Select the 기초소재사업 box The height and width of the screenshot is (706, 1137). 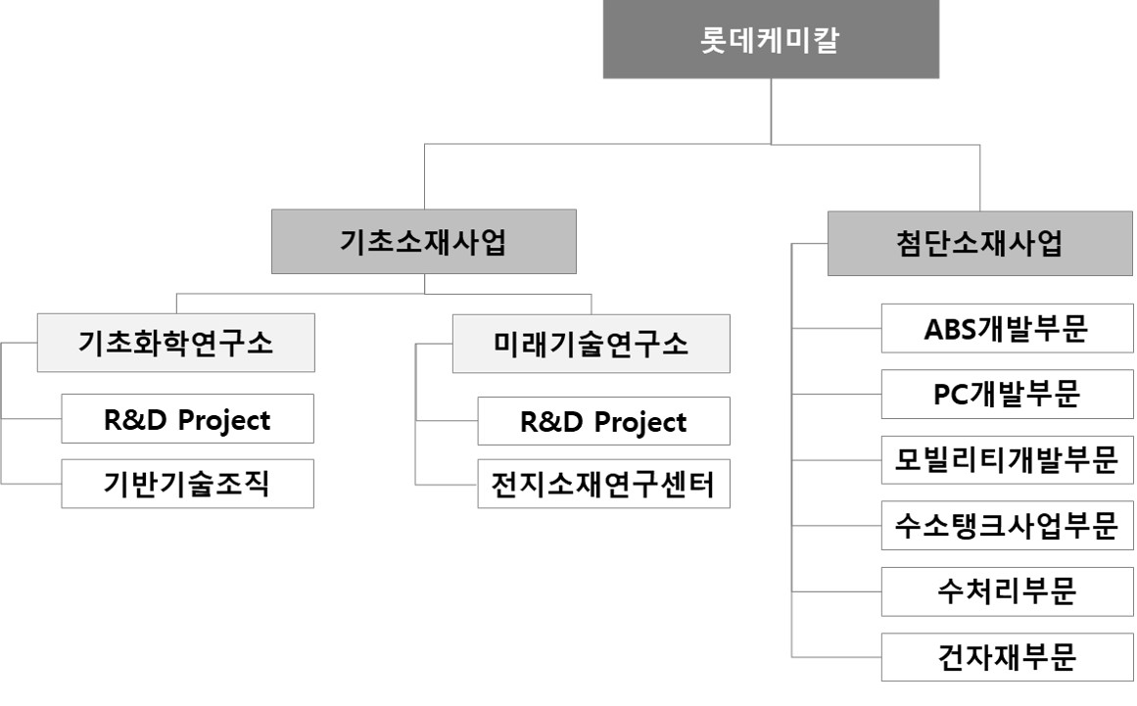coord(423,242)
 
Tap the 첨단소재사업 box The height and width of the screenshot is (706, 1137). coord(978,243)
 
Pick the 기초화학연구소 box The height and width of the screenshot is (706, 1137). coord(175,343)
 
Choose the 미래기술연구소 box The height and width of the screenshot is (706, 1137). coord(591,344)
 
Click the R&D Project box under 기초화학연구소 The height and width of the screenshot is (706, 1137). coord(187,419)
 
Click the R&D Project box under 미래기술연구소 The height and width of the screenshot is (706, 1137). coord(603,421)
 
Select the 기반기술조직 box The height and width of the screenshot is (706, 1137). coord(187,484)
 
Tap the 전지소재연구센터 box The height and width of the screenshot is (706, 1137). coord(603,484)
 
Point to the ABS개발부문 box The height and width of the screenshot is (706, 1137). coord(1007,329)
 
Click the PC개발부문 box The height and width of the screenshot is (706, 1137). coord(1007,395)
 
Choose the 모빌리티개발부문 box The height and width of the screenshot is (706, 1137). coord(1007,460)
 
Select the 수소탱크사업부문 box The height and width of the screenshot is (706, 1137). coord(1007,526)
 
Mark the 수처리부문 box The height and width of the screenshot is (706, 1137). coord(1007,591)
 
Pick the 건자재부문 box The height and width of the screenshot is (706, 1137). coord(1007,657)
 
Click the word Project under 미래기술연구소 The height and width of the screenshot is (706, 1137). coord(640,422)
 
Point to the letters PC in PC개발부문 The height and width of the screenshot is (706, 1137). coord(951,395)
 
